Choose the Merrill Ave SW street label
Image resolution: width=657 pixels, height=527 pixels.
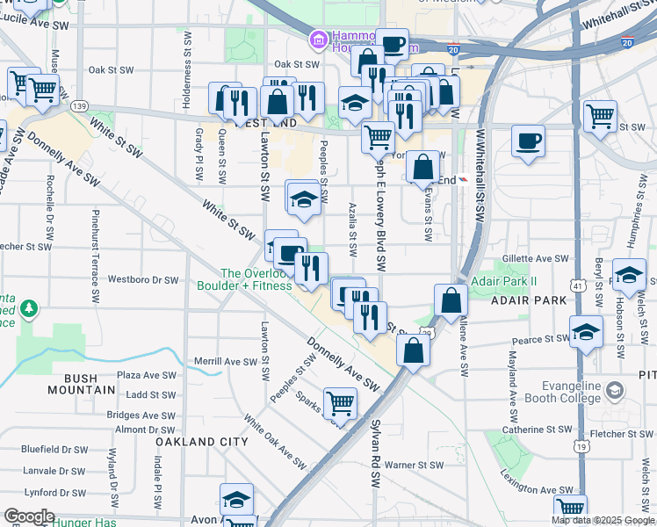pyautogui.click(x=206, y=361)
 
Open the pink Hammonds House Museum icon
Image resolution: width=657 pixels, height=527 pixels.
pyautogui.click(x=317, y=40)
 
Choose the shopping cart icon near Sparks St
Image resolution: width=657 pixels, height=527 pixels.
pyautogui.click(x=341, y=404)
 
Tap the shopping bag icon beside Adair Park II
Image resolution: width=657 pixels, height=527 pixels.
pyautogui.click(x=451, y=300)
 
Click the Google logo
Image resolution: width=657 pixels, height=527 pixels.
pyautogui.click(x=29, y=516)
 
